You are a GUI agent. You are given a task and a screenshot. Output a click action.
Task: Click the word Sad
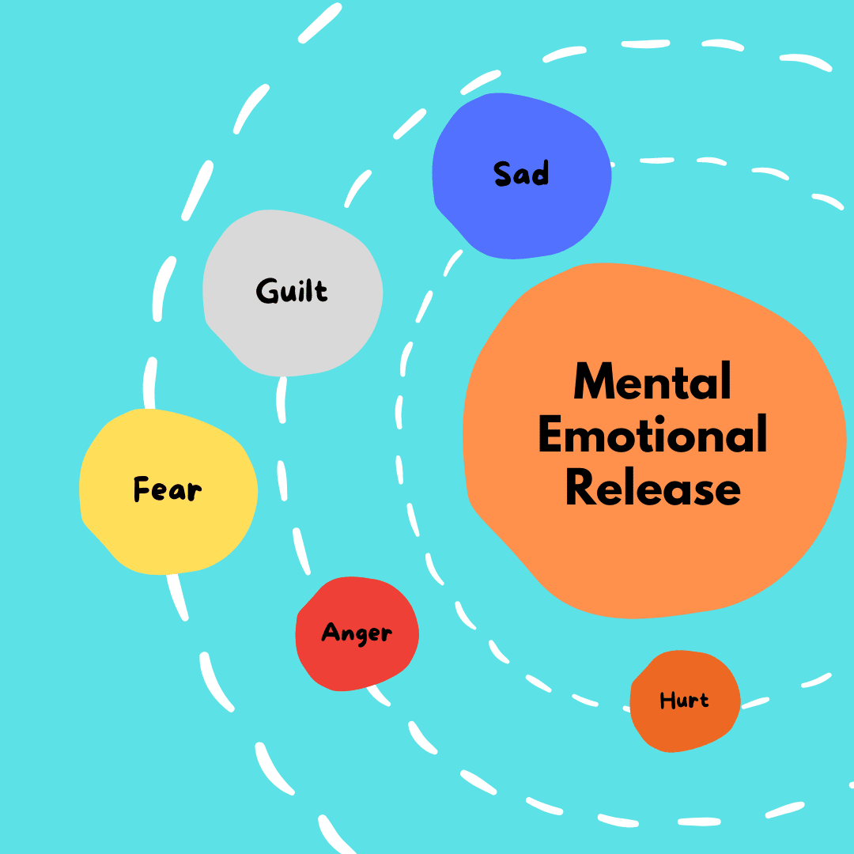[x=521, y=173]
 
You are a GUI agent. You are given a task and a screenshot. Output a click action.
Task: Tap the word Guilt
[x=292, y=291]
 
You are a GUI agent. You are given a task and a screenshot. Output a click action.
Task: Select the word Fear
[x=167, y=489]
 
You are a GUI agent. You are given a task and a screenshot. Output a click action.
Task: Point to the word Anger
[x=357, y=633]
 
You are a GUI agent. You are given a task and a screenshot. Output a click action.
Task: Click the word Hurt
[x=684, y=701]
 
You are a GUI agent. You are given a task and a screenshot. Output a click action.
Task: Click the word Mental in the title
[x=652, y=382]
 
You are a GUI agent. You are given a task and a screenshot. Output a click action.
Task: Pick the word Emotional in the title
[x=652, y=435]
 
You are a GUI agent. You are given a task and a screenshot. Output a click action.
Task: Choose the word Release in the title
[x=652, y=489]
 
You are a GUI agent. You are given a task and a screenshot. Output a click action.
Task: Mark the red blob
[x=356, y=664]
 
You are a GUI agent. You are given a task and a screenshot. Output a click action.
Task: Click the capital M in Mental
[x=594, y=382]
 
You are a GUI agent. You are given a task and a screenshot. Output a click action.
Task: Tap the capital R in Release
[x=580, y=489]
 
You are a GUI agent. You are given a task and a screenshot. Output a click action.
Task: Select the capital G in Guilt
[x=266, y=291]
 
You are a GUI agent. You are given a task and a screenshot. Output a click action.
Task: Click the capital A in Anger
[x=330, y=632]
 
